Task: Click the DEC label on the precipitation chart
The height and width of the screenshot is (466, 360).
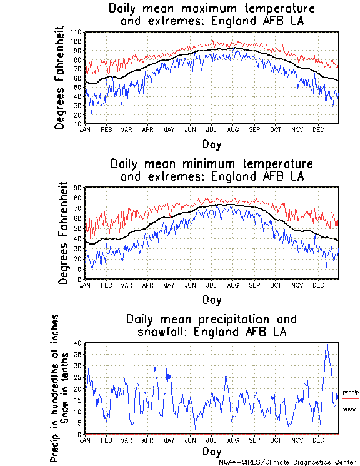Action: click(x=318, y=440)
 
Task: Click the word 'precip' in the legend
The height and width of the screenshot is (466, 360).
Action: click(x=351, y=392)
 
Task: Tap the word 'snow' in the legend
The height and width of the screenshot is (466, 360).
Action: click(x=349, y=408)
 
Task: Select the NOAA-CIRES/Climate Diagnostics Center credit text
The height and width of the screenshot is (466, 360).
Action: click(x=287, y=462)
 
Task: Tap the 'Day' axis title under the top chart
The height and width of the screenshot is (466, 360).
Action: click(x=211, y=144)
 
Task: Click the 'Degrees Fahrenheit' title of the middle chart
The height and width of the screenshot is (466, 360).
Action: click(x=63, y=233)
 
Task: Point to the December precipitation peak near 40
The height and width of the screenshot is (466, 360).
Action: click(x=327, y=344)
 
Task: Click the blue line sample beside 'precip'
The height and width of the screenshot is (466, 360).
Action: click(x=350, y=382)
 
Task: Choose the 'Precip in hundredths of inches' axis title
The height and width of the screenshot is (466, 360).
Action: click(x=56, y=388)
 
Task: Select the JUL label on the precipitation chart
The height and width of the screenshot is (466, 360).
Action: click(x=211, y=440)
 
